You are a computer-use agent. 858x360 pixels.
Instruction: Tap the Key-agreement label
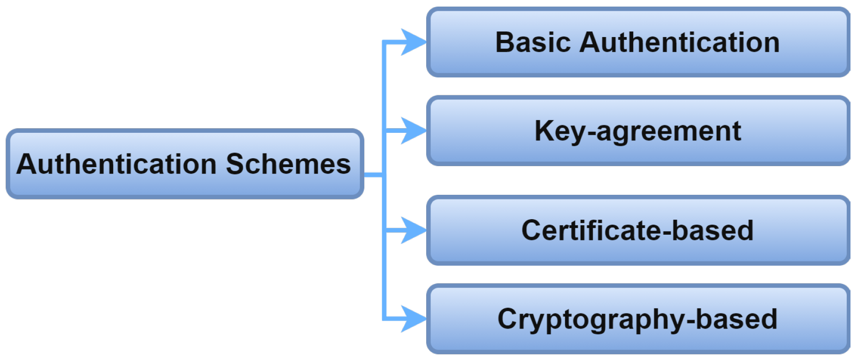[637, 131]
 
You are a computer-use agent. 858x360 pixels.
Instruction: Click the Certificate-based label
[637, 230]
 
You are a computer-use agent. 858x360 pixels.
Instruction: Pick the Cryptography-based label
[637, 319]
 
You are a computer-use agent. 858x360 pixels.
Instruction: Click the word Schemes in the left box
[288, 164]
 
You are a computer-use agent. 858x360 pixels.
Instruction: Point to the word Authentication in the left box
[116, 164]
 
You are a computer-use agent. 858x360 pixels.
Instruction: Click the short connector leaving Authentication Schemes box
[374, 175]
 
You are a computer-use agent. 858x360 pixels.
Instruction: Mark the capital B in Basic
[505, 42]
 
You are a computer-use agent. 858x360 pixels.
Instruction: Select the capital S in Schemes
[235, 164]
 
